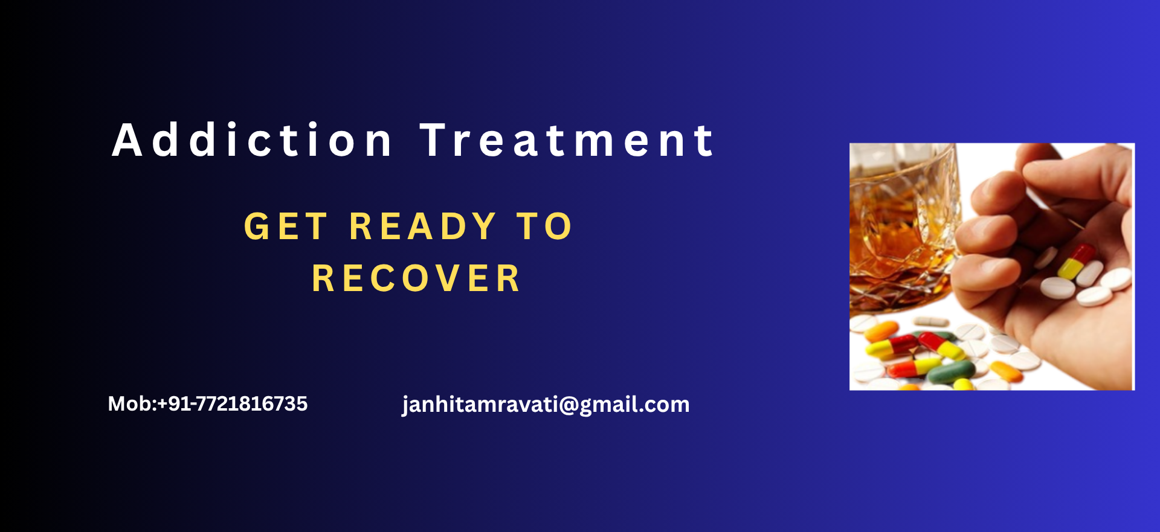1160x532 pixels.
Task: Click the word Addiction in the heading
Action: (253, 139)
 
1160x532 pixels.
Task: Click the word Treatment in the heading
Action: (568, 140)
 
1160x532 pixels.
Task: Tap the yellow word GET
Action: (286, 226)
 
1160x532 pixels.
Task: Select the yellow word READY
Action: (423, 226)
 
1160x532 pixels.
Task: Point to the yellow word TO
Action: (544, 226)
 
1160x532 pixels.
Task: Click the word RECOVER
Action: (416, 278)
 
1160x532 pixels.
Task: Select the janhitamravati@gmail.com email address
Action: (546, 404)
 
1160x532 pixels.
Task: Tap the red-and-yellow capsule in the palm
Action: (1076, 261)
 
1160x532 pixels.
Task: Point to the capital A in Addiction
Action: (127, 140)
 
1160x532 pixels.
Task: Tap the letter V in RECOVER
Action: (448, 278)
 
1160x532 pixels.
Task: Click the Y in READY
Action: (484, 226)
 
